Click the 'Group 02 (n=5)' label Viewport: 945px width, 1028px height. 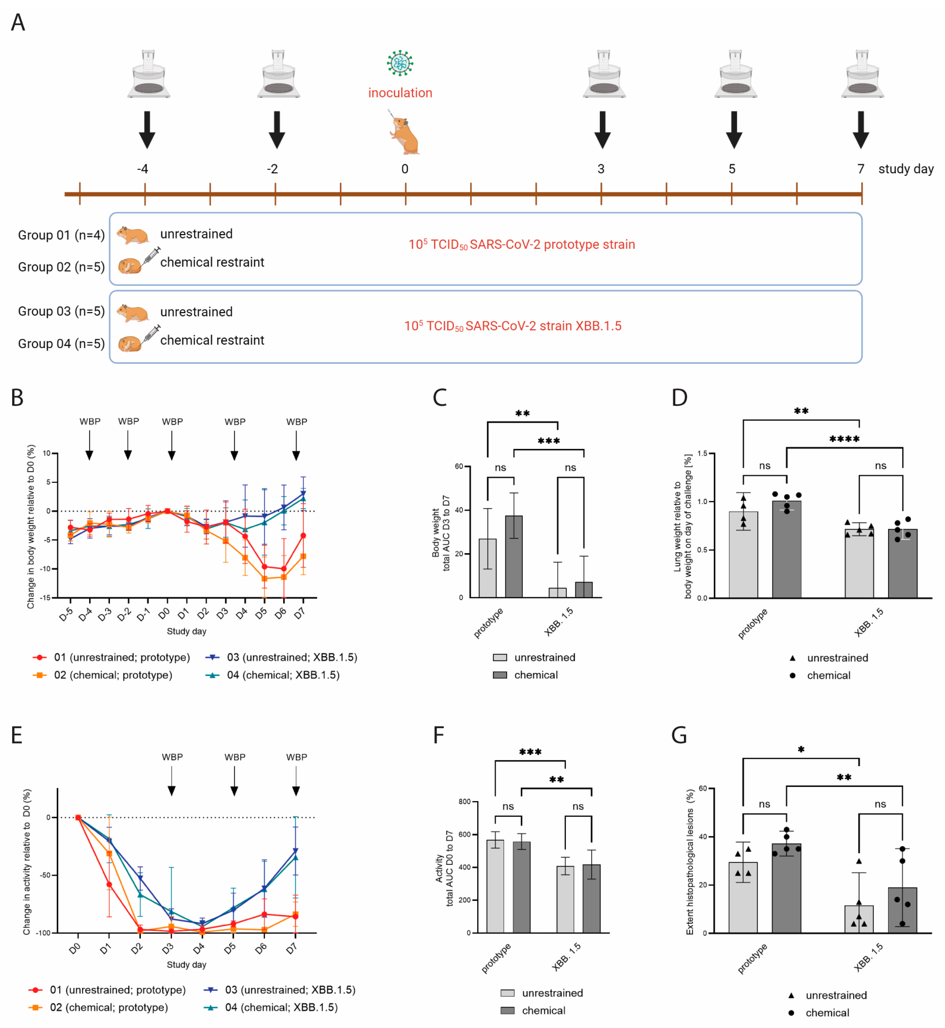coord(61,267)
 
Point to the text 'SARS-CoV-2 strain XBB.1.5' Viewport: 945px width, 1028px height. coord(543,326)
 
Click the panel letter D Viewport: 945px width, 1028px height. coord(679,397)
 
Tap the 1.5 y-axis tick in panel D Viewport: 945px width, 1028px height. coord(702,453)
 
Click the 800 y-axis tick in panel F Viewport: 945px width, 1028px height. coord(464,801)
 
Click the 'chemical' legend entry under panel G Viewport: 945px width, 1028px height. coord(827,1013)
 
